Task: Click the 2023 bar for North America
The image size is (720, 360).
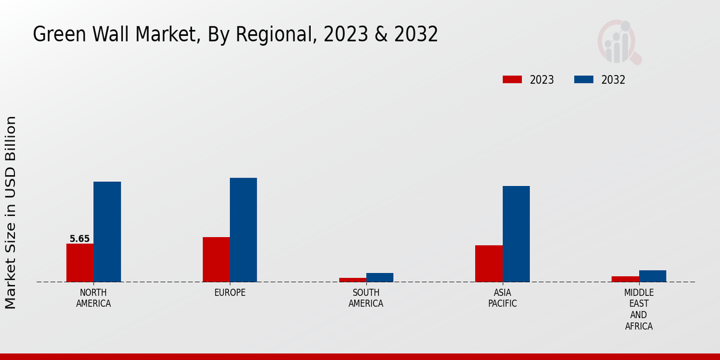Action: [80, 263]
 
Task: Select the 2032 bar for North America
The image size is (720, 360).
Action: [107, 232]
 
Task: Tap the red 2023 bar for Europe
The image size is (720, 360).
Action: [216, 259]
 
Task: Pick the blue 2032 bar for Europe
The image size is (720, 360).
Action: [243, 230]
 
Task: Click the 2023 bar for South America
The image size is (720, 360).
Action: [352, 280]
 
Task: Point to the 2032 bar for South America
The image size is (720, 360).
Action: [380, 277]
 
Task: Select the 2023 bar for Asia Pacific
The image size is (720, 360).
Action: [488, 263]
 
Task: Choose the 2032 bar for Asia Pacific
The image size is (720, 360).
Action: [516, 234]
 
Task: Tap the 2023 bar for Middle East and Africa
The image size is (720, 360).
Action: [625, 279]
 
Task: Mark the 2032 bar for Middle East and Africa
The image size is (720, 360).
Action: [652, 276]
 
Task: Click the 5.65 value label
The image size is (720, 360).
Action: [80, 239]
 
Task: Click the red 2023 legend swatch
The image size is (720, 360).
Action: [512, 80]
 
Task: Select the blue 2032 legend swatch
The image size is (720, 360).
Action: [584, 80]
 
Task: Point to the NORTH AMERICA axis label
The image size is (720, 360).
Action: [94, 298]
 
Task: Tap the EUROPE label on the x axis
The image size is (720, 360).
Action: [230, 293]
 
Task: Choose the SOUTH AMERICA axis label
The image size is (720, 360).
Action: [366, 298]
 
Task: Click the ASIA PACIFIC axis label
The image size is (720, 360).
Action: [502, 298]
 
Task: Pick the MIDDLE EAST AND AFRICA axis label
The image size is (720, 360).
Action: [638, 310]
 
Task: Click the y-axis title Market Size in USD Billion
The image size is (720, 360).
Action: [11, 213]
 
